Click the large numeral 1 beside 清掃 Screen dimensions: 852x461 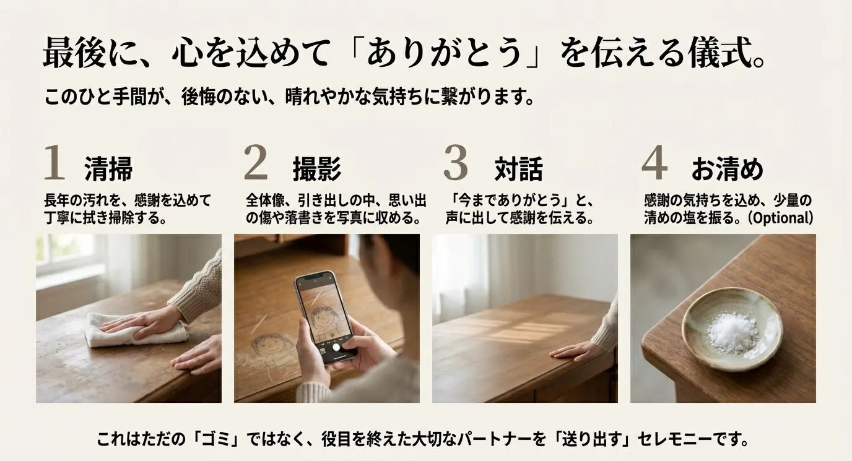click(x=54, y=162)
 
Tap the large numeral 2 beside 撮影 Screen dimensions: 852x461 click(x=256, y=162)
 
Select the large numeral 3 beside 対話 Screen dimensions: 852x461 click(x=456, y=162)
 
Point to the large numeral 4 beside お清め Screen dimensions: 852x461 click(x=654, y=162)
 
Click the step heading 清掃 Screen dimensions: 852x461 click(x=109, y=169)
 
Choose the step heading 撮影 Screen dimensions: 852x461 click(x=317, y=169)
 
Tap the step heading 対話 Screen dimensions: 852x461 click(x=518, y=169)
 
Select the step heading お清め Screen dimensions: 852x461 click(x=728, y=169)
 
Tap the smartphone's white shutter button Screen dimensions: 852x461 click(x=336, y=347)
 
